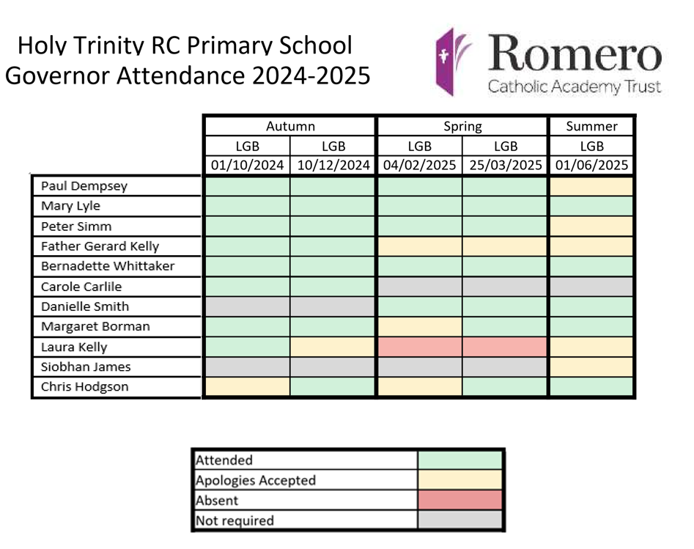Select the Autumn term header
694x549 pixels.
290,126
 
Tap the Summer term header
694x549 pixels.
591,126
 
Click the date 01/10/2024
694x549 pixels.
247,165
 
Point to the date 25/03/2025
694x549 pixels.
506,165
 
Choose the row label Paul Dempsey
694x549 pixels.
84,186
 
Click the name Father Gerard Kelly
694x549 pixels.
100,246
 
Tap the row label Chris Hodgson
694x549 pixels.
85,387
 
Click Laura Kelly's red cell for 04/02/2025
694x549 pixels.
419,347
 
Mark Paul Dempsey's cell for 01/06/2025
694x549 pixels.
591,186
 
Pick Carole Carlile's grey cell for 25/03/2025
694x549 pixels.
506,287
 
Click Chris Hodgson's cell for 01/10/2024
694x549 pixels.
247,387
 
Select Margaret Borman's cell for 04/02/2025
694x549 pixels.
419,326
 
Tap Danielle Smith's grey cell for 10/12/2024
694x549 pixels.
333,306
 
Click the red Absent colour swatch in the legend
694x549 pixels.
460,501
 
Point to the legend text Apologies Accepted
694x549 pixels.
256,481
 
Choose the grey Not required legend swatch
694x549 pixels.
460,520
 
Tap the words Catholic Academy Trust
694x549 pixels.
575,87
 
